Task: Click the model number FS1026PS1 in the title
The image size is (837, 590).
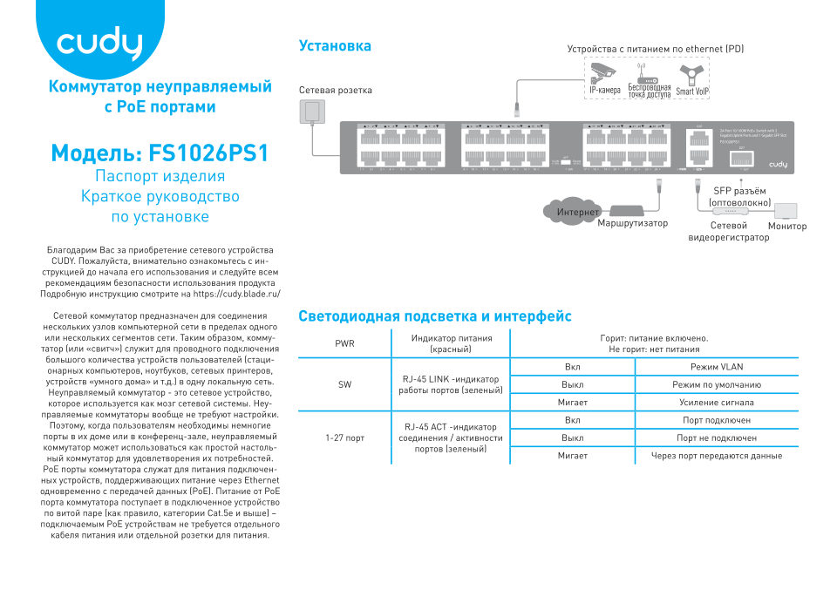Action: [209, 153]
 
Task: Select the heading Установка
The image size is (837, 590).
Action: [335, 45]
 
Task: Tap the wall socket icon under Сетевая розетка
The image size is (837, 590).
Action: [311, 111]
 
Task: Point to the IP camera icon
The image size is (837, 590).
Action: [603, 72]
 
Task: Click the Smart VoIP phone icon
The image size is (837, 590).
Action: [691, 73]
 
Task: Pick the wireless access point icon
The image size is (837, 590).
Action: [649, 74]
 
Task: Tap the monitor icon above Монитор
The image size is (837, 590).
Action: [786, 211]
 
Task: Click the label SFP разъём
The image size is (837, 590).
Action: [739, 191]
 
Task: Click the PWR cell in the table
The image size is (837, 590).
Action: [344, 343]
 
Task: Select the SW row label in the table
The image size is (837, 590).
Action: [344, 384]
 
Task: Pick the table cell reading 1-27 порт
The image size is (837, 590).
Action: [344, 437]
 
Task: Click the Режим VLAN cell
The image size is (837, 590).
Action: [716, 367]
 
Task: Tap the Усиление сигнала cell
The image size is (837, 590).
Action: [716, 402]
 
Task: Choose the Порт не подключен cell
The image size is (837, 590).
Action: [716, 437]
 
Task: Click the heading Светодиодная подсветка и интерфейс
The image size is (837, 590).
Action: [434, 316]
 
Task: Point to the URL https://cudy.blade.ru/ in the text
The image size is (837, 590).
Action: [235, 295]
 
